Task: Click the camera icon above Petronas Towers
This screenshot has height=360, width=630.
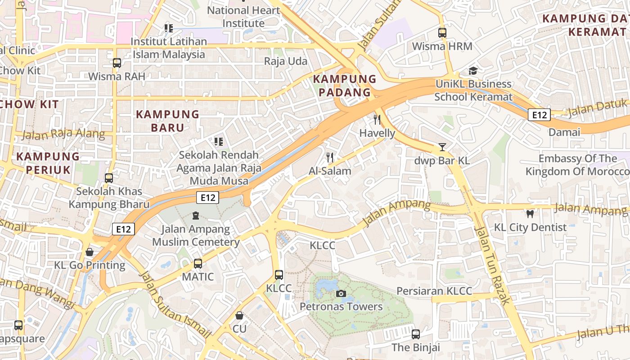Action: pyautogui.click(x=341, y=294)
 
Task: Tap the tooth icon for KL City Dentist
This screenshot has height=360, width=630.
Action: pyautogui.click(x=530, y=214)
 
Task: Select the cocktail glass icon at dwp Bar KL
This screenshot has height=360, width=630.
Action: pyautogui.click(x=442, y=147)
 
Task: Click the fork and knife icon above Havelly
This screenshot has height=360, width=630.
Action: pyautogui.click(x=377, y=120)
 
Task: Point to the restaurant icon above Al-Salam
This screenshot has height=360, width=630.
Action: pyautogui.click(x=330, y=157)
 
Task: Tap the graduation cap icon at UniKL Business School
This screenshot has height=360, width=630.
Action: pyautogui.click(x=473, y=71)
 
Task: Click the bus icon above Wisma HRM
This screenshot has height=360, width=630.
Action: pyautogui.click(x=442, y=33)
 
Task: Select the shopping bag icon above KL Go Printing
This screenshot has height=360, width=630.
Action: pyautogui.click(x=90, y=252)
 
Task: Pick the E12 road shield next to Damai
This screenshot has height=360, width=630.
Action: pyautogui.click(x=539, y=115)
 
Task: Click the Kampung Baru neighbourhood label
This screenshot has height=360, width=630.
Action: pyautogui.click(x=167, y=121)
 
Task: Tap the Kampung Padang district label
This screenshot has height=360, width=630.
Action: pyautogui.click(x=345, y=86)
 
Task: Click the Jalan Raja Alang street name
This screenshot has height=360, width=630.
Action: pyautogui.click(x=63, y=134)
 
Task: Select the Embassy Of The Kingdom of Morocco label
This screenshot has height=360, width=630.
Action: pyautogui.click(x=578, y=165)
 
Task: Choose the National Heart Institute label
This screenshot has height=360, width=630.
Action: pyautogui.click(x=243, y=17)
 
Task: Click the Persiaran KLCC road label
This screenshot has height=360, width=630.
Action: pyautogui.click(x=434, y=291)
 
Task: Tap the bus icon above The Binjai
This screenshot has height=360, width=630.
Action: pyautogui.click(x=416, y=334)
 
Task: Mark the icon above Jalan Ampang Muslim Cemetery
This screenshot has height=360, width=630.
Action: pyautogui.click(x=196, y=216)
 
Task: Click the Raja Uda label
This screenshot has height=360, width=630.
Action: pyautogui.click(x=286, y=61)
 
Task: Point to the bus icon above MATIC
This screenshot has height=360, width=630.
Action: pyautogui.click(x=198, y=264)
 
